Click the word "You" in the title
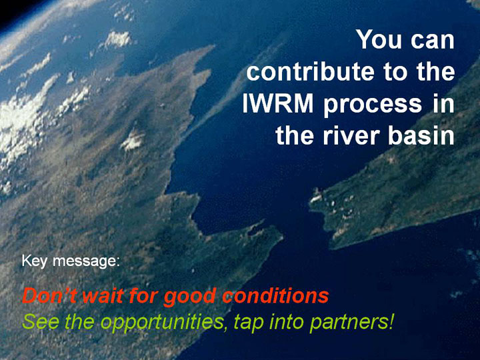379,39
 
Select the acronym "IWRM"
277,103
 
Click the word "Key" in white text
34,262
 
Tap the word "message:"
86,262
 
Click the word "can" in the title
432,41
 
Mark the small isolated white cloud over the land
133,140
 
